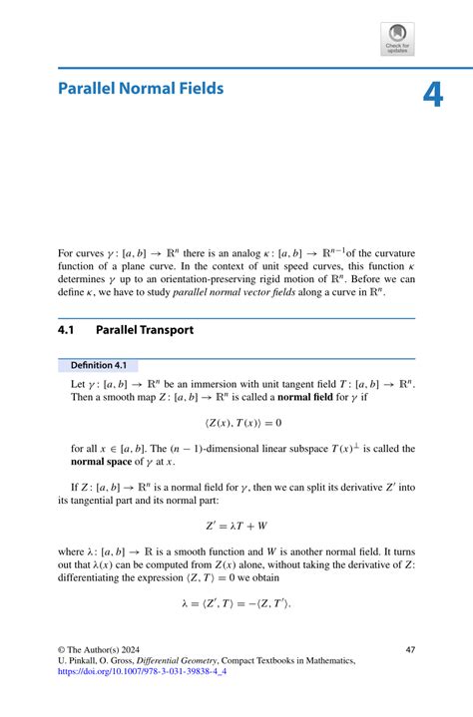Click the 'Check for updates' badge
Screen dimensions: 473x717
pyautogui.click(x=397, y=39)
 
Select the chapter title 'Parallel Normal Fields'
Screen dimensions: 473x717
pyautogui.click(x=141, y=89)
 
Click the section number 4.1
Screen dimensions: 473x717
pyautogui.click(x=69, y=328)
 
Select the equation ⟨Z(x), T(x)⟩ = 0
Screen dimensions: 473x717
pyautogui.click(x=236, y=423)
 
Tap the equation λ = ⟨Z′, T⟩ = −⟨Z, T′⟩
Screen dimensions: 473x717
pyautogui.click(x=236, y=603)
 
